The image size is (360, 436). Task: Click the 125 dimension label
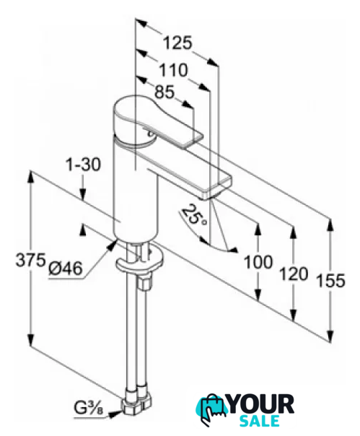[177, 43]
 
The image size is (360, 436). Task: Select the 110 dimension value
[173, 70]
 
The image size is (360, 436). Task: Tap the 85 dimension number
[164, 92]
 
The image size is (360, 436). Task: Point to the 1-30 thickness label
[83, 165]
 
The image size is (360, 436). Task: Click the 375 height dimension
[30, 261]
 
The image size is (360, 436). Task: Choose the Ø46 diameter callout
[66, 269]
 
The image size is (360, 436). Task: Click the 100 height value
[258, 262]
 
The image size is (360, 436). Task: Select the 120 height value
[294, 274]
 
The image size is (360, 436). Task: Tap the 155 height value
[331, 280]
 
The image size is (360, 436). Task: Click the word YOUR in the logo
[262, 404]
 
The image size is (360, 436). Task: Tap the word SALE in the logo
[259, 421]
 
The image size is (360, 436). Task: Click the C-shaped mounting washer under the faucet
[138, 262]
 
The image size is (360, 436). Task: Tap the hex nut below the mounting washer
[145, 282]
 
